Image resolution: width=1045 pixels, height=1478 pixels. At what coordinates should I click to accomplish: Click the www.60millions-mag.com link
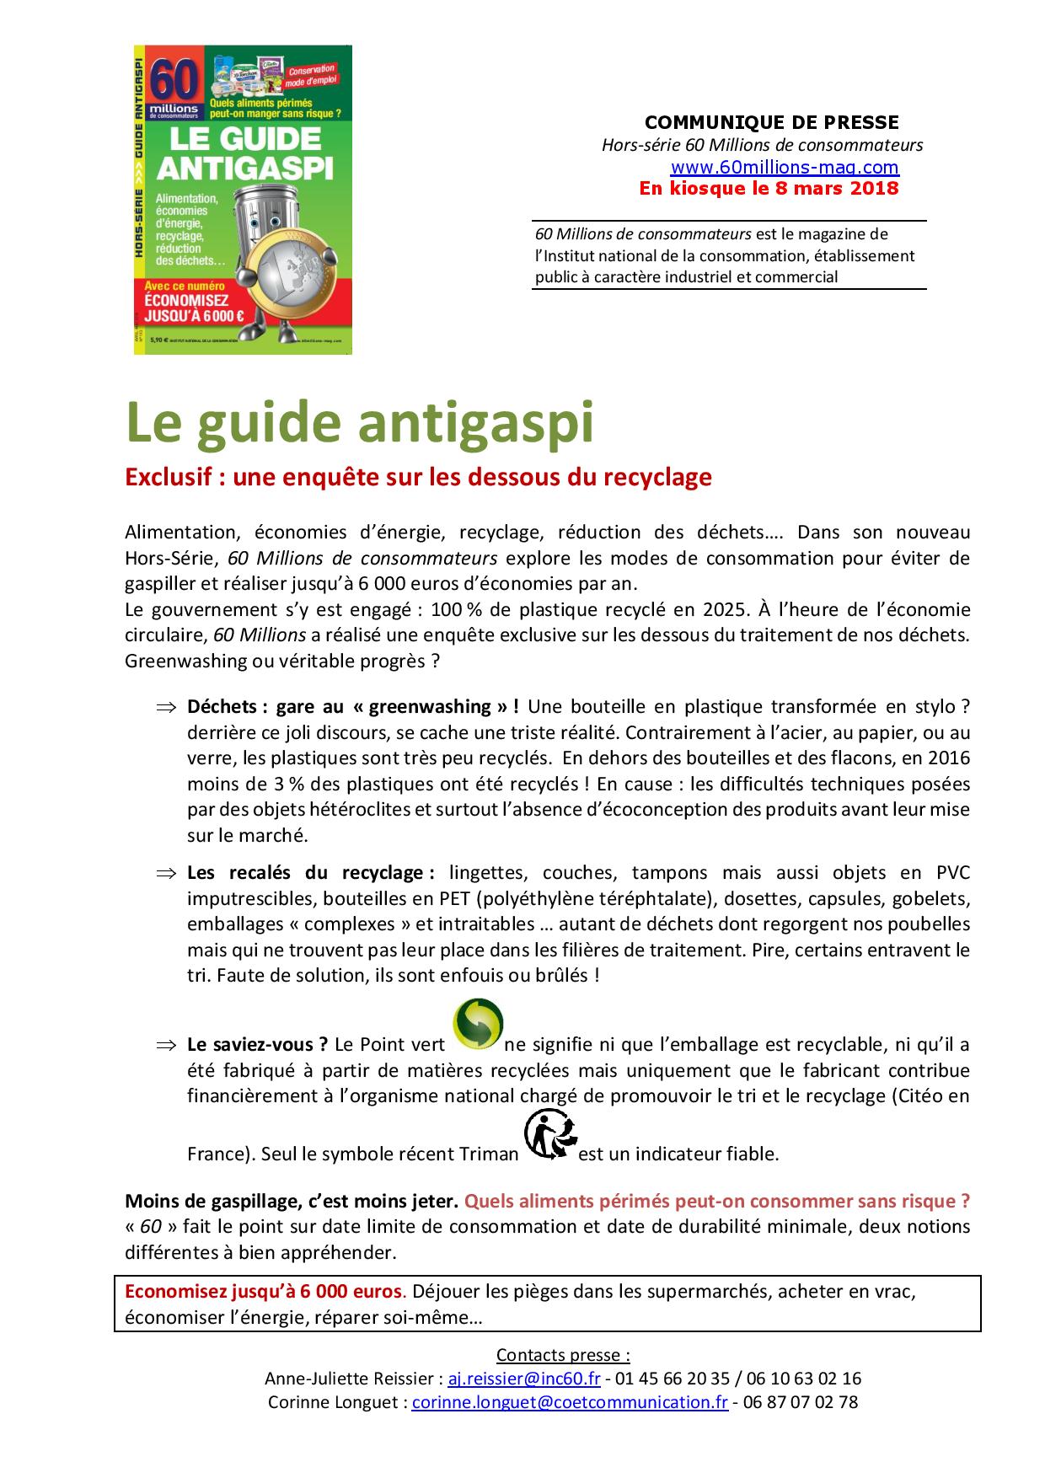point(784,167)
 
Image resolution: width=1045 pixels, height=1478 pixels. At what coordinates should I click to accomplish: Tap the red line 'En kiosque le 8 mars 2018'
point(769,188)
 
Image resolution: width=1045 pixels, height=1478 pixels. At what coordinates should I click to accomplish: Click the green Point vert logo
point(478,1025)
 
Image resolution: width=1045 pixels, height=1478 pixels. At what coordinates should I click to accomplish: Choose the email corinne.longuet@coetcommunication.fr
point(570,1402)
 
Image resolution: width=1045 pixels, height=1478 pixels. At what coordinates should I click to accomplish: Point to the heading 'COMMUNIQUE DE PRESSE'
point(772,122)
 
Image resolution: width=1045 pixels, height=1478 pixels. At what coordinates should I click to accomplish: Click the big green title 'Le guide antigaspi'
point(359,424)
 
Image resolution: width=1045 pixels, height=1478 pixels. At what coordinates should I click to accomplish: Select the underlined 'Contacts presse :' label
point(563,1355)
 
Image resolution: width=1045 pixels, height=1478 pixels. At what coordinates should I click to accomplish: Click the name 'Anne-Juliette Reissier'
point(351,1379)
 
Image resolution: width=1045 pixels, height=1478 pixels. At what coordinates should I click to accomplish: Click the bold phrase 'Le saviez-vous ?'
point(257,1045)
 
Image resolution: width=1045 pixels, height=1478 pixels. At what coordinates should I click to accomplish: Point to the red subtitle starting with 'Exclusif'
point(418,477)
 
